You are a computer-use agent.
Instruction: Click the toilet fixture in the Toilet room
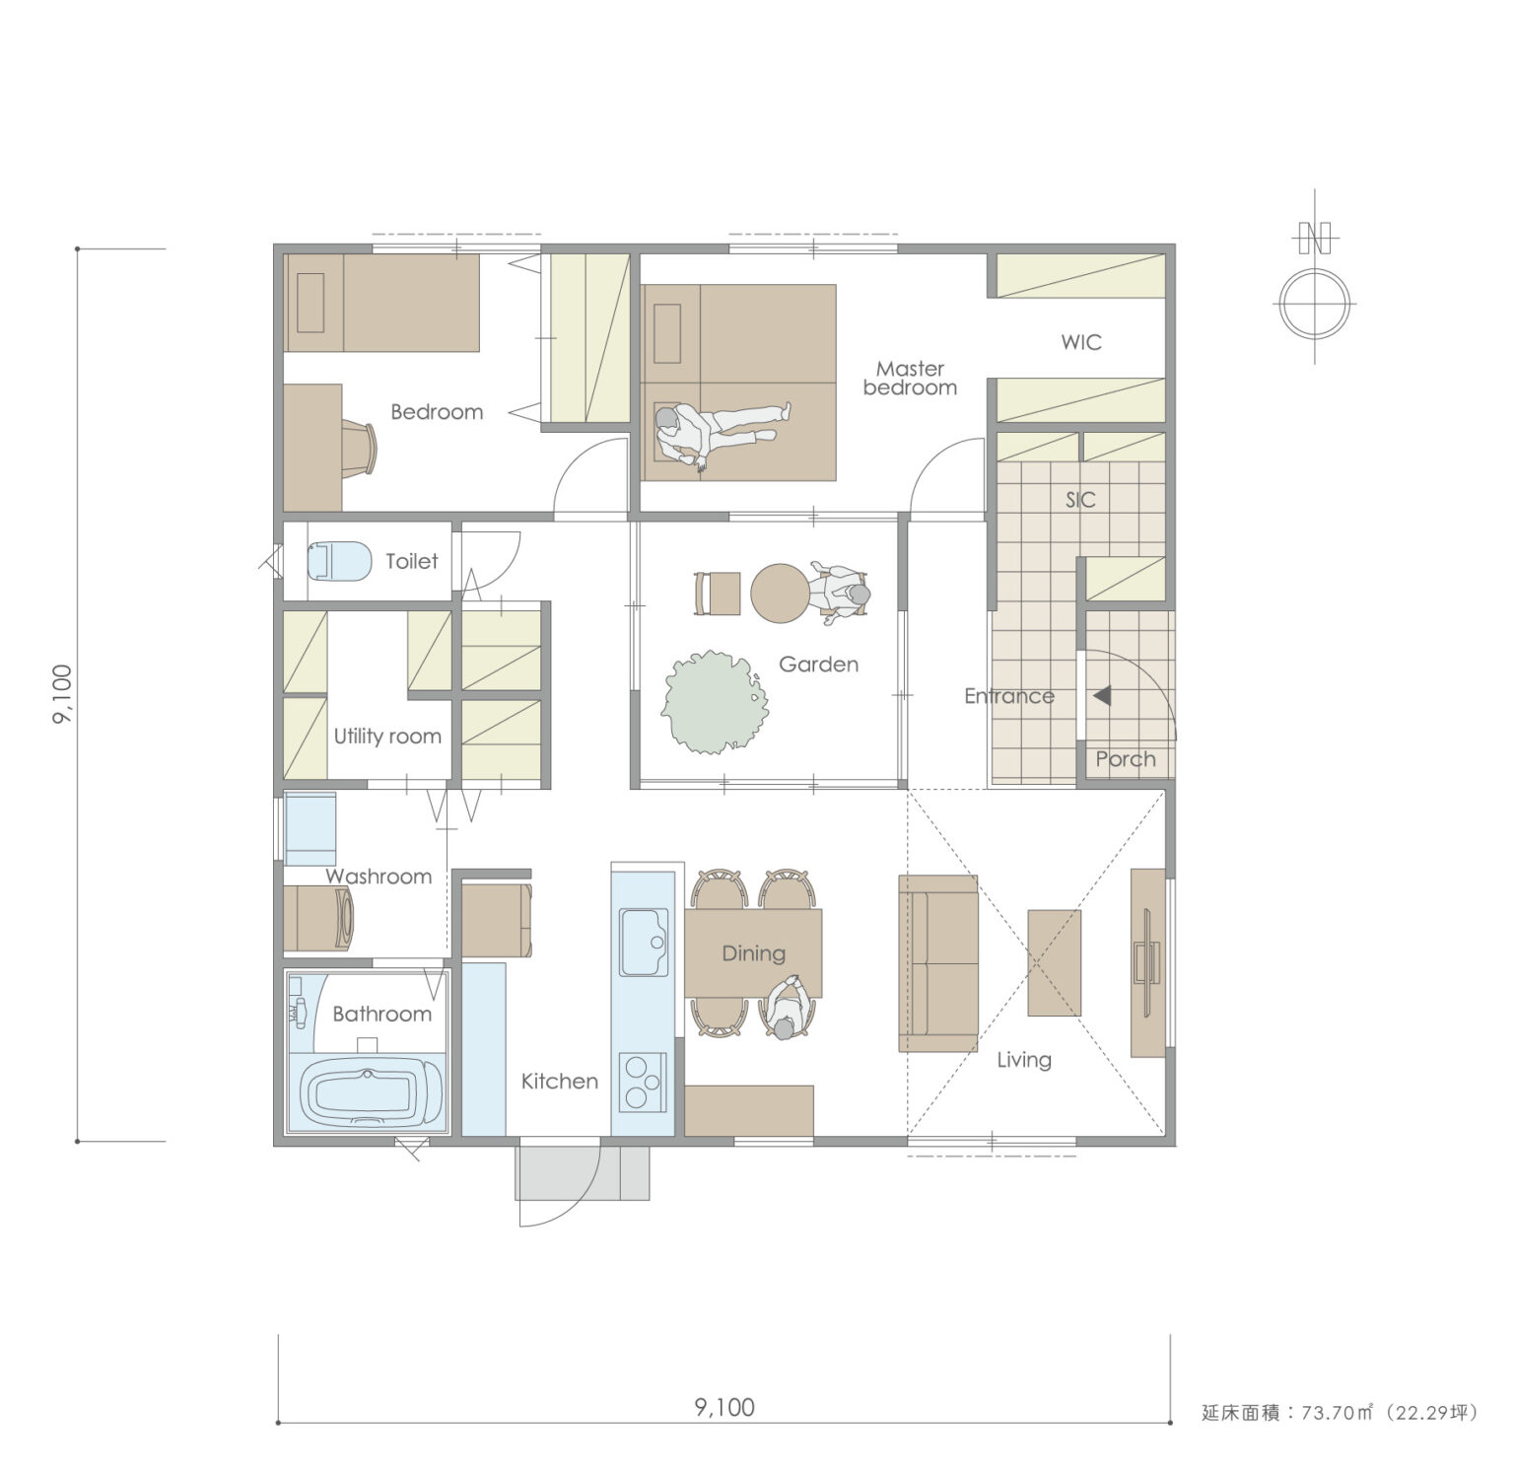click(338, 561)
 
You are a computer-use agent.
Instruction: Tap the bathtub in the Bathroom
click(367, 1093)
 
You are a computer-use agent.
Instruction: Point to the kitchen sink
click(643, 942)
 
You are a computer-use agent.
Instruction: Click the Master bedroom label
click(910, 379)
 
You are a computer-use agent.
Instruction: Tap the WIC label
click(1081, 342)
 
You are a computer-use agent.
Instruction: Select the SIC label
click(1080, 500)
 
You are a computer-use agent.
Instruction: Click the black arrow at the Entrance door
click(1102, 695)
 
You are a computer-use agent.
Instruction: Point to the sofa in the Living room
click(937, 963)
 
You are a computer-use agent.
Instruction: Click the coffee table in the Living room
click(1055, 962)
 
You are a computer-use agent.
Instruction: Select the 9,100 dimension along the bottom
click(724, 1407)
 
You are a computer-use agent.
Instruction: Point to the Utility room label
click(387, 737)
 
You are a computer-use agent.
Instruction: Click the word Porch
click(1126, 759)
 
